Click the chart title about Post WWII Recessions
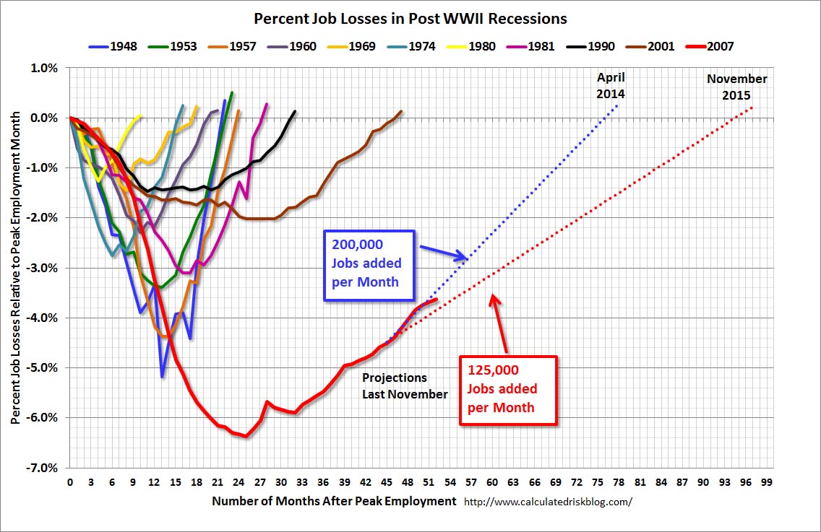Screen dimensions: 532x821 click(x=410, y=18)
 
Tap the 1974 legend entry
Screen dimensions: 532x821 click(x=416, y=46)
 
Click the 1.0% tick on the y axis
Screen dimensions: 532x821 click(x=43, y=68)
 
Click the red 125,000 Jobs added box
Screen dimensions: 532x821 click(x=508, y=389)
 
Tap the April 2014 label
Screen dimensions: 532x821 click(x=611, y=86)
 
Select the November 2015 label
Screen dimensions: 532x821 click(x=736, y=86)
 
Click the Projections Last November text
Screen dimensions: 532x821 click(x=405, y=385)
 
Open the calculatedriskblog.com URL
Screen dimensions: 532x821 click(x=548, y=502)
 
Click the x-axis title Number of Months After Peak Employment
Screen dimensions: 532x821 click(x=335, y=501)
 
